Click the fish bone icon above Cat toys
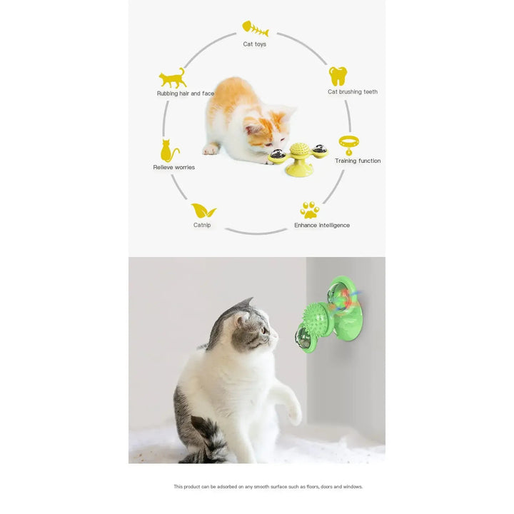pos(255,29)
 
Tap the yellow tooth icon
pos(338,76)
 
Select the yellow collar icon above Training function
pos(348,145)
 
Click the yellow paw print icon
pos(309,210)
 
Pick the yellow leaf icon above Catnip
pos(203,211)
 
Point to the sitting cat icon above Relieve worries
pos(169,151)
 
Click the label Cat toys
pos(255,44)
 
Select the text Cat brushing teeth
pos(353,92)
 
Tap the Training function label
pos(358,161)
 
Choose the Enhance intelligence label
pos(322,226)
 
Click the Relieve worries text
pos(173,168)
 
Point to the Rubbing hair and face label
pos(186,94)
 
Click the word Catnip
pos(202,226)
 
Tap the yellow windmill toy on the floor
pos(298,158)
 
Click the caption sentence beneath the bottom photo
pos(268,487)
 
